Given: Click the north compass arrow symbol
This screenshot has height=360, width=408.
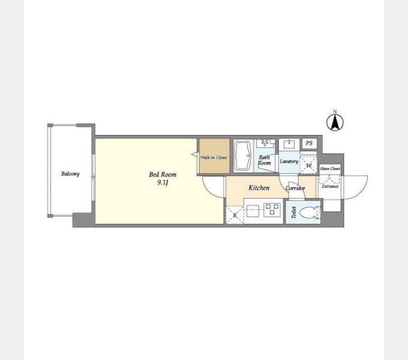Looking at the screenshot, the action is [335, 122].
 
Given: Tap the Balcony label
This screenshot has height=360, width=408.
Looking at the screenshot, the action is [70, 174].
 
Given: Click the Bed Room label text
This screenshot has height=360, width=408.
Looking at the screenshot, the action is [163, 174].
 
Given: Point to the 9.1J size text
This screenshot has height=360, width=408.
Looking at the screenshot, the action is [163, 182].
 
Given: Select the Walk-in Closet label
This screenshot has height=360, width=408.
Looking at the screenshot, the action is [214, 157].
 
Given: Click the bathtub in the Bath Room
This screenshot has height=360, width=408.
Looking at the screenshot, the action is [243, 155].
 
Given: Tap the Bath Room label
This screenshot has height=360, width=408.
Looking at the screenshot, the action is [265, 160].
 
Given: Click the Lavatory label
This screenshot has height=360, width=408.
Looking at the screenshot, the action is [289, 161].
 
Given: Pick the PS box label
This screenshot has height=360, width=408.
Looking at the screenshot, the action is [309, 143].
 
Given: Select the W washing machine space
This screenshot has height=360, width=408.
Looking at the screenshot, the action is [308, 164].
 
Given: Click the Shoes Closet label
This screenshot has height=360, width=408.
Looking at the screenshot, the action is [330, 169].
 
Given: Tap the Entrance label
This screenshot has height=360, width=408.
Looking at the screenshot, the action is [330, 186].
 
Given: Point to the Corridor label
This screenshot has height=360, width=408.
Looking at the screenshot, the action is [295, 188].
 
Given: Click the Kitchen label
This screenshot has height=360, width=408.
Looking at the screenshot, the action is [259, 188].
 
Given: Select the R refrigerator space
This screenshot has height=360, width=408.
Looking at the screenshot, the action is [235, 215].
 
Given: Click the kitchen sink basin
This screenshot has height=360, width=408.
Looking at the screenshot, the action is [253, 211].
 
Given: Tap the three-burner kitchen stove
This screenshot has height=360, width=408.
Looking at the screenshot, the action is [272, 209].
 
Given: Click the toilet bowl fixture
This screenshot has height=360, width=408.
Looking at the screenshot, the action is [310, 212].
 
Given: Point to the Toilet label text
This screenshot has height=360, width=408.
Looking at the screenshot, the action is [294, 212].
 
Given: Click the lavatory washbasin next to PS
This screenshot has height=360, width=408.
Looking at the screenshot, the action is [289, 144].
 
